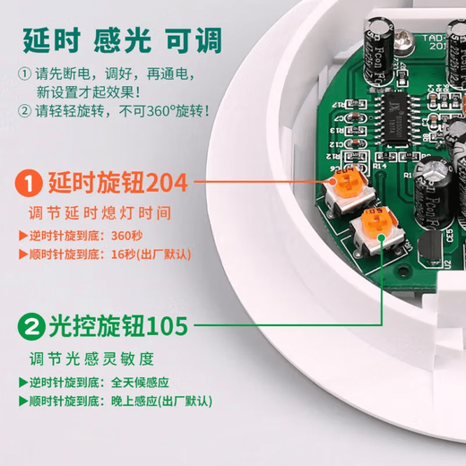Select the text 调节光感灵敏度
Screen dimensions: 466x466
(x=90, y=358)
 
